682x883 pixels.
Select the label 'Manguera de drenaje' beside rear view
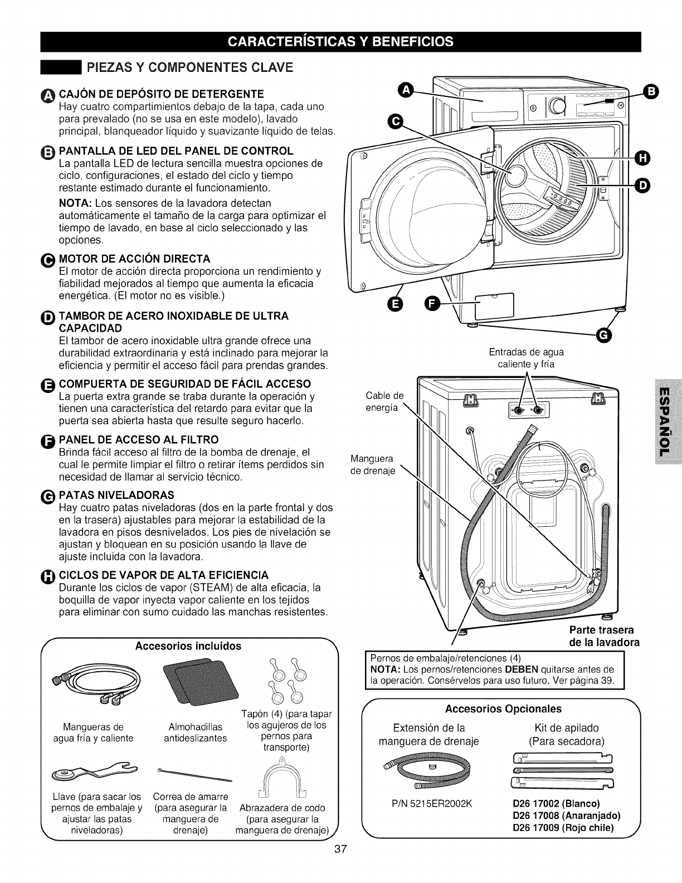point(373,465)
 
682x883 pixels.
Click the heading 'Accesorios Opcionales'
point(503,709)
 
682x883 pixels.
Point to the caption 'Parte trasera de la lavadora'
point(601,636)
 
